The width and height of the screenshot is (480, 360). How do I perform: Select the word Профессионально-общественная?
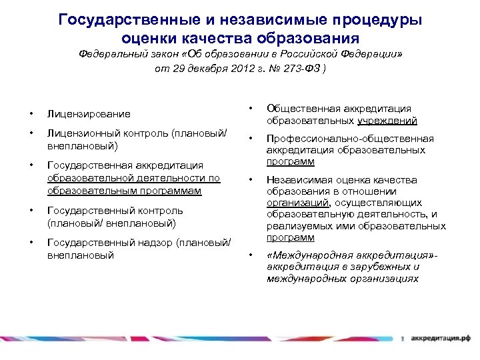click(x=350, y=139)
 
